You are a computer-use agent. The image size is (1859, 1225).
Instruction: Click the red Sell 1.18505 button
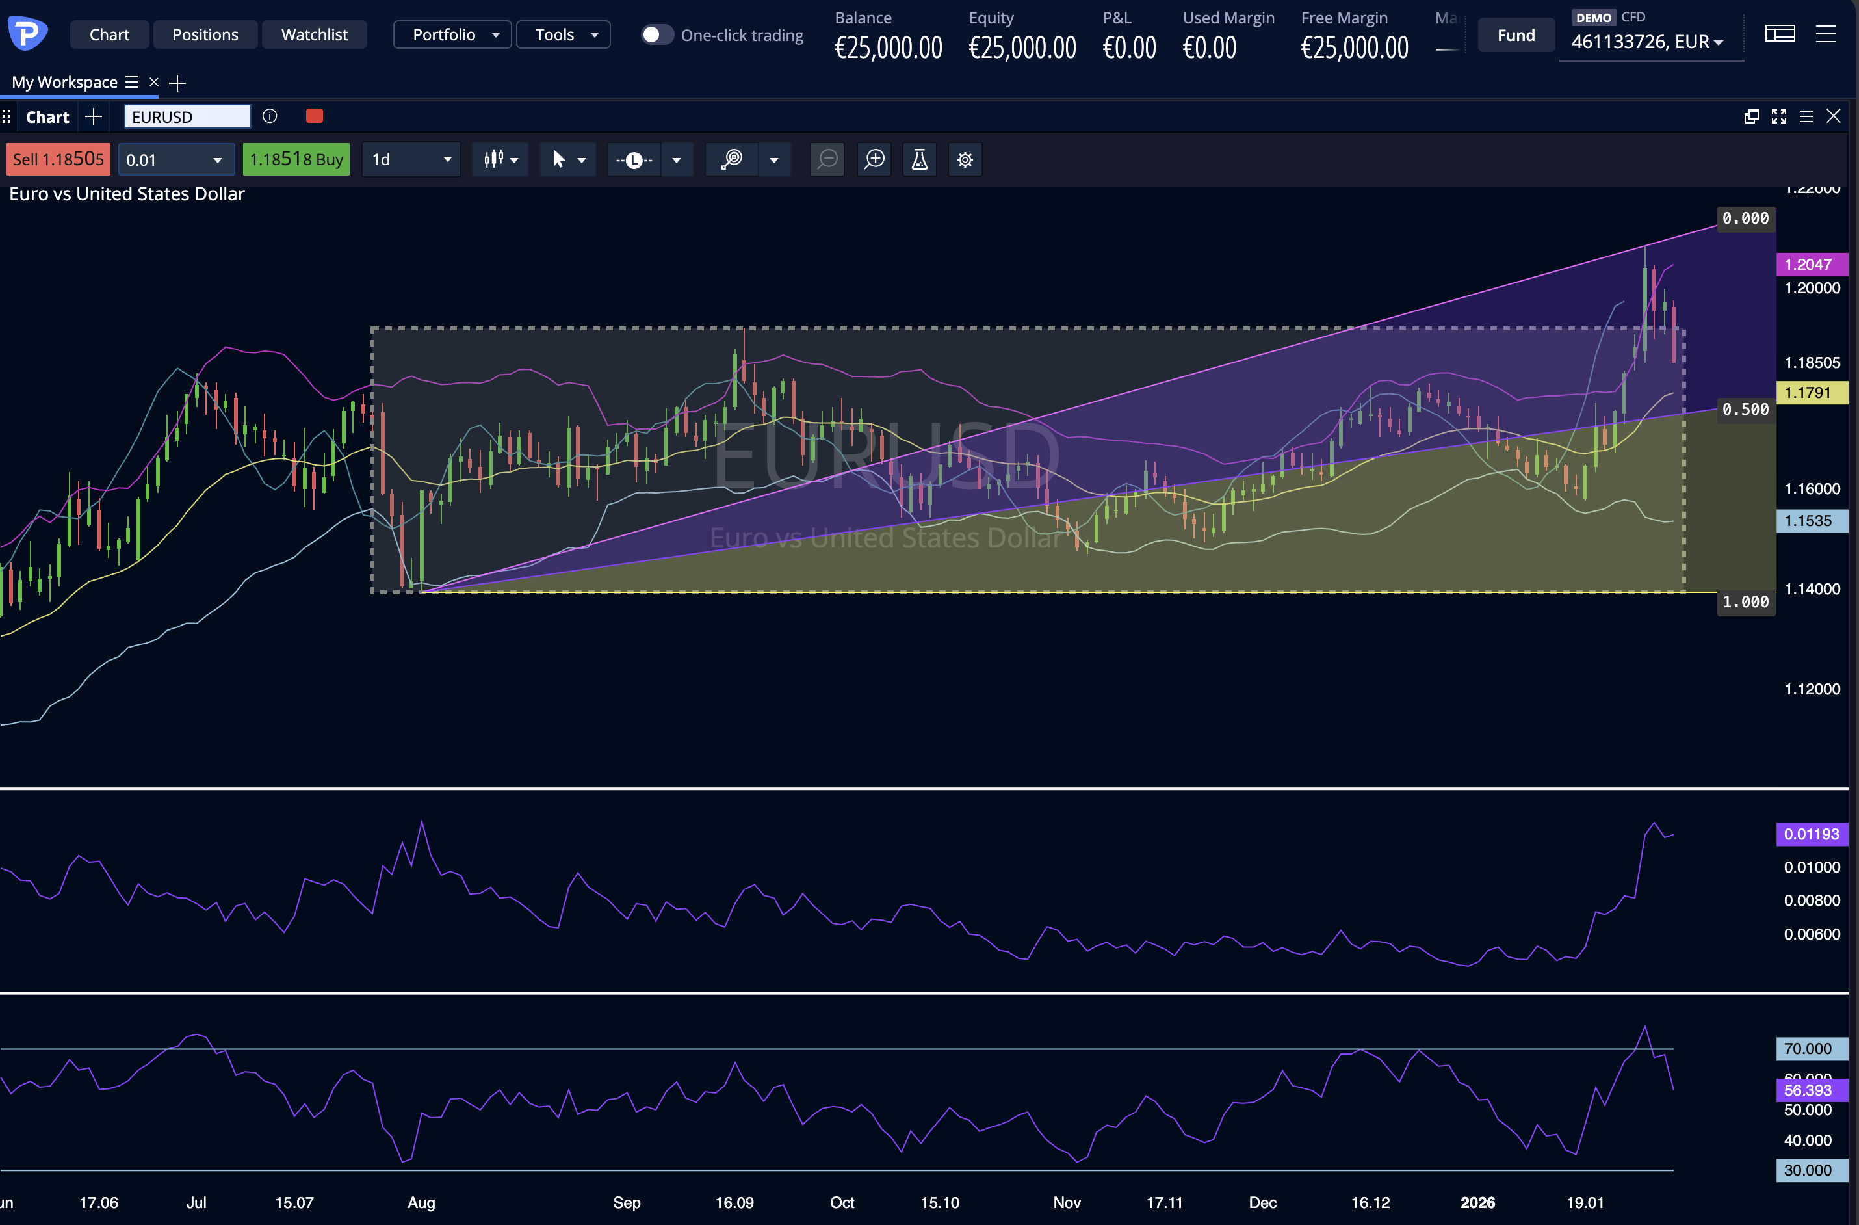pos(58,159)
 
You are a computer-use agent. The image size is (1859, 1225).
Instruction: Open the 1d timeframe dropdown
pos(411,159)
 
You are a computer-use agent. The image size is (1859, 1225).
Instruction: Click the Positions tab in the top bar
pos(205,34)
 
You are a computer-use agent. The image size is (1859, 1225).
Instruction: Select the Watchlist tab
pos(314,34)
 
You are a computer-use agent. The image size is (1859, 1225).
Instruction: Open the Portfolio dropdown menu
pos(453,34)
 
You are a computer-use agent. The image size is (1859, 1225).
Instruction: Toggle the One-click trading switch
pos(656,34)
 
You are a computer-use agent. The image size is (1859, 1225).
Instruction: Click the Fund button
pos(1515,35)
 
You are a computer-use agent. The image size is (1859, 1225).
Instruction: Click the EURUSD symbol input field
pos(187,116)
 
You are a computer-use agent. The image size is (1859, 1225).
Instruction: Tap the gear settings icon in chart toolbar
pos(965,159)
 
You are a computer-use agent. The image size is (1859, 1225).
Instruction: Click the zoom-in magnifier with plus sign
pos(875,159)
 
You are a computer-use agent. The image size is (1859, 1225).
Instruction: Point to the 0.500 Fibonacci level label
pos(1745,410)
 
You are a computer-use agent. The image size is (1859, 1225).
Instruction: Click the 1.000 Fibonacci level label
pos(1745,601)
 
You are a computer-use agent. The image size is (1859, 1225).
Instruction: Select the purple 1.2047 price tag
pos(1810,264)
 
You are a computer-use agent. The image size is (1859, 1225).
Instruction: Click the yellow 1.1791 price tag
pos(1810,392)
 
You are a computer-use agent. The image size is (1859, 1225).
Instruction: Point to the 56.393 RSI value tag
pos(1810,1090)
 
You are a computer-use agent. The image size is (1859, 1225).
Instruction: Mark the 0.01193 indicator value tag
pos(1810,834)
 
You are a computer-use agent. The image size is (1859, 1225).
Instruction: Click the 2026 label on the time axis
pos(1477,1202)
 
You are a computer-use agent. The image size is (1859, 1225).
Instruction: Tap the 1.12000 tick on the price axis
pos(1812,689)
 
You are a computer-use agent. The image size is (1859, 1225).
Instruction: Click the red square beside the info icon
pos(314,116)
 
